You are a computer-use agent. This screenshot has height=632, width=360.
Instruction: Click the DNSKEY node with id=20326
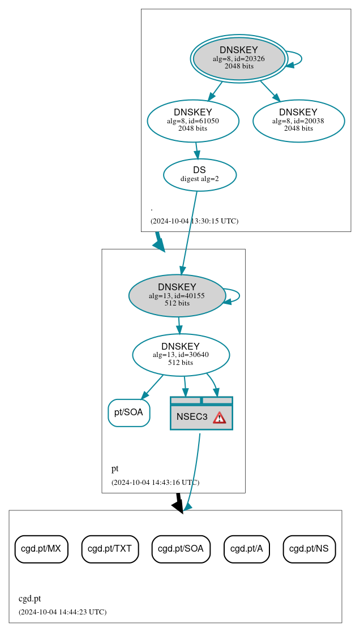click(239, 58)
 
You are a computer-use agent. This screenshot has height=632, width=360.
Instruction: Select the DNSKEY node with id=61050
click(193, 121)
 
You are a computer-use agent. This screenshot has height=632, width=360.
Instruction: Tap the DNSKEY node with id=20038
click(298, 121)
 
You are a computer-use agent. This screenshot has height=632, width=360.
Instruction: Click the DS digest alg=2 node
click(199, 174)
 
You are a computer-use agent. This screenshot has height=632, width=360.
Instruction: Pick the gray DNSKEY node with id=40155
click(177, 295)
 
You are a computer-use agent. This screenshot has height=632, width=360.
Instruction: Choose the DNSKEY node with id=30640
click(181, 355)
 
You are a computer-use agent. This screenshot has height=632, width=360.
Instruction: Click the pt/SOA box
click(129, 412)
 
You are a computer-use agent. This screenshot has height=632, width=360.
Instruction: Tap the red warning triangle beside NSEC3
click(219, 418)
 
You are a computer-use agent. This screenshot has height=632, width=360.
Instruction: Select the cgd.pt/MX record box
click(41, 549)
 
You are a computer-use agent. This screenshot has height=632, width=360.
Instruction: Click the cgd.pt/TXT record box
click(110, 549)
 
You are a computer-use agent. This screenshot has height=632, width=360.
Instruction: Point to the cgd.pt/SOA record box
click(181, 549)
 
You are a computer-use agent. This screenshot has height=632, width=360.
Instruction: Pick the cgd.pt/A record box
click(247, 549)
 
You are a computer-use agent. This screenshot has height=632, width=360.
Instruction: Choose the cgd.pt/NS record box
click(309, 549)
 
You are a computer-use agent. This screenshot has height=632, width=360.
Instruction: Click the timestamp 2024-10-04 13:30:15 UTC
click(194, 221)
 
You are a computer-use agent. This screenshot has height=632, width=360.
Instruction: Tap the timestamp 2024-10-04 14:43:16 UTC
click(155, 483)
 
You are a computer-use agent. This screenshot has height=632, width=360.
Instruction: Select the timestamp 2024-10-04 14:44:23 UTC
click(62, 612)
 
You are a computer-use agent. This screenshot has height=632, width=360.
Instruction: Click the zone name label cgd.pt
click(29, 599)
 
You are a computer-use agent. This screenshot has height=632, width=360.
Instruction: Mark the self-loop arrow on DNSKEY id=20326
click(301, 59)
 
